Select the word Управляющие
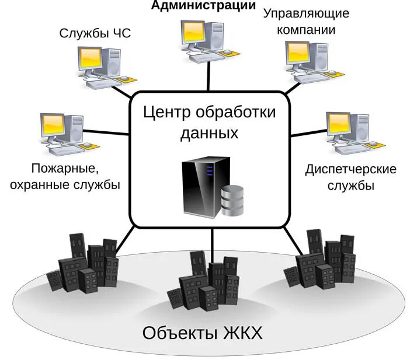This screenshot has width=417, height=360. (298, 13)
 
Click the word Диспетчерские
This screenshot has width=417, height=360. (350, 169)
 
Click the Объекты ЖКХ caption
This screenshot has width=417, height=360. (203, 333)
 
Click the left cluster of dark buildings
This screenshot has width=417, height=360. (85, 265)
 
